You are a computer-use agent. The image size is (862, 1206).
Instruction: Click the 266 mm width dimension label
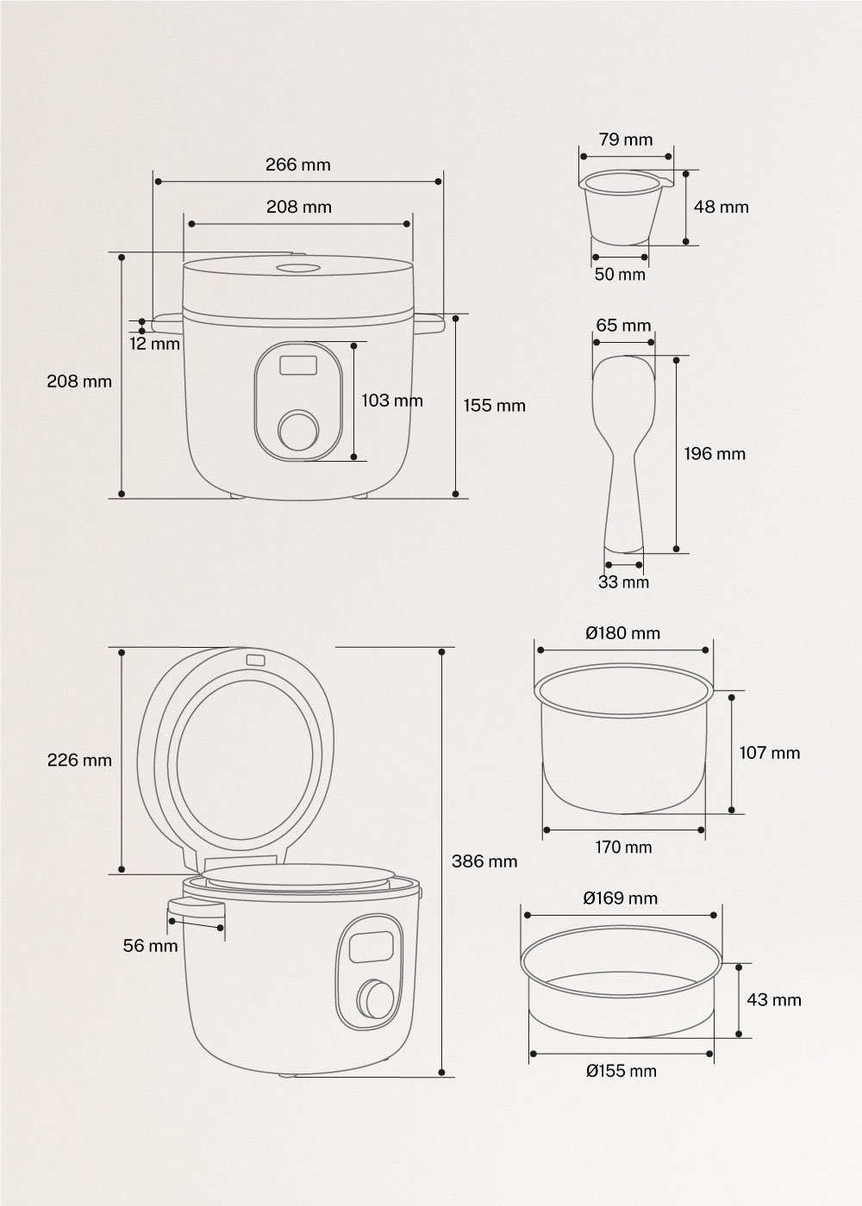(x=297, y=165)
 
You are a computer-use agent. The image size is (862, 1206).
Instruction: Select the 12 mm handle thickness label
(x=156, y=344)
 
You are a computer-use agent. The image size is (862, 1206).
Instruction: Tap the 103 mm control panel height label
(x=392, y=401)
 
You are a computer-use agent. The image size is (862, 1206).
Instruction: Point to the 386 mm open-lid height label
(x=484, y=861)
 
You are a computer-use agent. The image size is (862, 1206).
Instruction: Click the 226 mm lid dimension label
(x=79, y=760)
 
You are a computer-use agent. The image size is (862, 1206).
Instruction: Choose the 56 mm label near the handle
(x=151, y=946)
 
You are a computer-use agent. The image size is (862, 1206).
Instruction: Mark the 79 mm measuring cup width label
(x=626, y=140)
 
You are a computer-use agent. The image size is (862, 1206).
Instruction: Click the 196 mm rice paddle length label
(x=715, y=453)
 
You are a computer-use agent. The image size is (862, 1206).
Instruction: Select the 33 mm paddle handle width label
(x=623, y=582)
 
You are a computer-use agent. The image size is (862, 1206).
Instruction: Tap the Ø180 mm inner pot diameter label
(x=622, y=633)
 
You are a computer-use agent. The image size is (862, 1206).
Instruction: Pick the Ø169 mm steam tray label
(x=620, y=898)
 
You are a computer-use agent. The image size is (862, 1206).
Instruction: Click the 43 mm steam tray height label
(x=773, y=999)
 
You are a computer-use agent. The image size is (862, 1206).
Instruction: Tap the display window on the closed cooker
(x=297, y=365)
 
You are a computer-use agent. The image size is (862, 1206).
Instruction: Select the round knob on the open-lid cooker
(x=375, y=998)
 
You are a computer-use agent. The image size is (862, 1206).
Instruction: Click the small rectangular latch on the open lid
(x=254, y=661)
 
